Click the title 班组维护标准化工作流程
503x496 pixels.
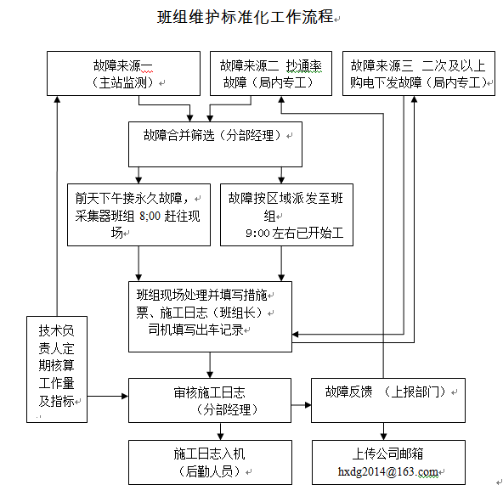245,17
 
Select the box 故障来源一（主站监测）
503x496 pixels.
123,73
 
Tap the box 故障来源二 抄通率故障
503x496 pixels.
271,73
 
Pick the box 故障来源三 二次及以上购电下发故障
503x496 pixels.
419,73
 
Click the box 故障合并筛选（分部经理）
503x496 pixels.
215,144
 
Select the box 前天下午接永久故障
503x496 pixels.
138,215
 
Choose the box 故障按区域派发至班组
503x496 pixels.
286,215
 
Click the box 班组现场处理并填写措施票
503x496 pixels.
210,317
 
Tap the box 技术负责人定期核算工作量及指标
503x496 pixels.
57,369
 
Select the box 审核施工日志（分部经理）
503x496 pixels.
210,401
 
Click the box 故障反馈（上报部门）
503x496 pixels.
388,401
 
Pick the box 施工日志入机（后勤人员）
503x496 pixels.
210,462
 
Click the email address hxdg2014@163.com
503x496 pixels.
388,471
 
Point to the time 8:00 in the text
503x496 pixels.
150,216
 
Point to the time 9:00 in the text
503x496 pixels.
257,233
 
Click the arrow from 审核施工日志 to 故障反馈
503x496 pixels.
302,405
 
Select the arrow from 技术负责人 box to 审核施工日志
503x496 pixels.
108,397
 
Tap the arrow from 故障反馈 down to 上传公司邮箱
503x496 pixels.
383,431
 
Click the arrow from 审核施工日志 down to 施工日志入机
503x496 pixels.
220,431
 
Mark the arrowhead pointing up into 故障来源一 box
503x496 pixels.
57,99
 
